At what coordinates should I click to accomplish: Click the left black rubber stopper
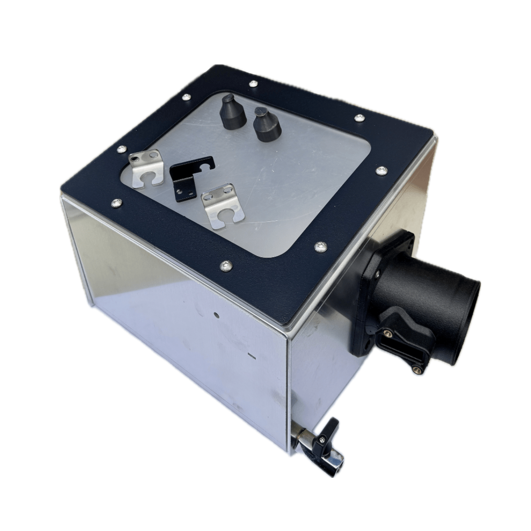click(232, 113)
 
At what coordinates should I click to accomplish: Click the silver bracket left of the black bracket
click(146, 168)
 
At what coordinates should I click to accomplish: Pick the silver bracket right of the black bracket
click(223, 205)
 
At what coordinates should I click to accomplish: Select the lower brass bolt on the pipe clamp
click(417, 369)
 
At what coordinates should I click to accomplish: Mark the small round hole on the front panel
click(215, 314)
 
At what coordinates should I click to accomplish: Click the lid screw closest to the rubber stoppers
click(253, 84)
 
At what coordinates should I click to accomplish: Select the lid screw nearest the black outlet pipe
click(321, 247)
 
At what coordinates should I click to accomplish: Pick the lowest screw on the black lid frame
click(226, 266)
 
